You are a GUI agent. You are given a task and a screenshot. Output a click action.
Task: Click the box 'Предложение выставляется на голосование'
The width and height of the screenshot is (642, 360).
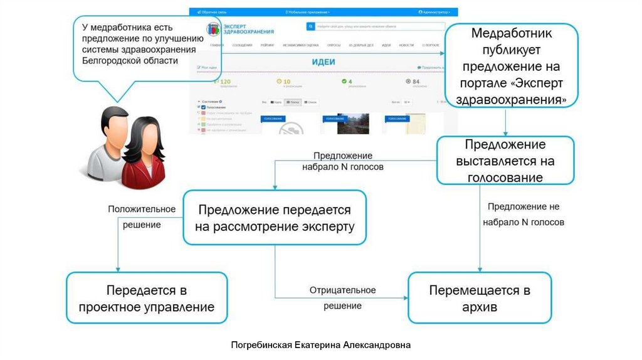click(x=505, y=161)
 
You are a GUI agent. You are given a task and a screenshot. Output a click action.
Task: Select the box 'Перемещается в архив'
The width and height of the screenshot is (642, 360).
click(x=480, y=298)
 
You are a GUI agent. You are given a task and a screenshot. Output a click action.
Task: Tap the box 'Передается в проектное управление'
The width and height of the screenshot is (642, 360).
click(x=147, y=298)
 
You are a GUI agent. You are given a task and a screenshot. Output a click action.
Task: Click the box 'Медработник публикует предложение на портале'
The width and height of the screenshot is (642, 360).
click(x=510, y=65)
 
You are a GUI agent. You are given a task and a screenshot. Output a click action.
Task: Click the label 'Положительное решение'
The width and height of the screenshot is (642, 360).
click(x=134, y=216)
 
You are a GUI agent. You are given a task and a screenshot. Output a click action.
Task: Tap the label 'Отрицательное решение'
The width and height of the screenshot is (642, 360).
click(x=342, y=298)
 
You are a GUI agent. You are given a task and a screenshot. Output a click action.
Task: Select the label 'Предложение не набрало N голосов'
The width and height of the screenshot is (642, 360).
click(x=524, y=214)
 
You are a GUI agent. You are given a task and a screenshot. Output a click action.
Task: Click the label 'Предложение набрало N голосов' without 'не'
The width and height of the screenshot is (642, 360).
click(x=343, y=161)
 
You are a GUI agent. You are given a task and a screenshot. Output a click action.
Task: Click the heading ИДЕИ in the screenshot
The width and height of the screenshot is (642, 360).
click(x=323, y=63)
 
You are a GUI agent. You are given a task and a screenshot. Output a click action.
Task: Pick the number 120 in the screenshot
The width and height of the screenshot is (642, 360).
click(x=226, y=82)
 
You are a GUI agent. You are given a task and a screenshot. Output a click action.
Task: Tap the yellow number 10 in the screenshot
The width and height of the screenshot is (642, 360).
click(x=287, y=82)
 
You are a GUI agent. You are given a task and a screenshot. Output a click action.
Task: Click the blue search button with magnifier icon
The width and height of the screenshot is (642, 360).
click(x=310, y=27)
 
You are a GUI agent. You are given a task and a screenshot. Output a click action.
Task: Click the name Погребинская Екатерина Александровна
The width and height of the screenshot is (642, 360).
click(x=320, y=344)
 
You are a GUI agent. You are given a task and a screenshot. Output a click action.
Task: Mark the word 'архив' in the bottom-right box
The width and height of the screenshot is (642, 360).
click(x=480, y=307)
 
